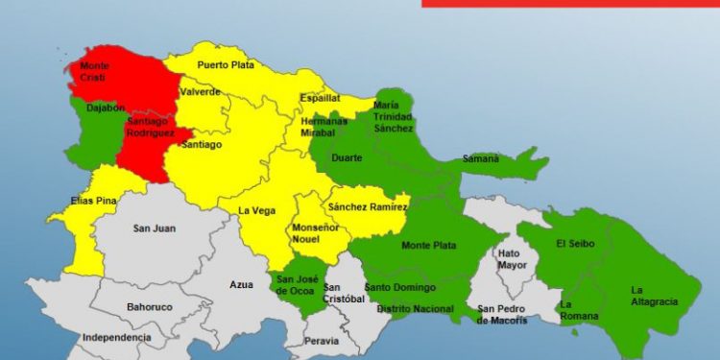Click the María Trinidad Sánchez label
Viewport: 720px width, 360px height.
(394, 116)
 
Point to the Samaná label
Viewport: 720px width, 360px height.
(481, 158)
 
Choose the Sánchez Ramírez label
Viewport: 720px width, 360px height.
(368, 206)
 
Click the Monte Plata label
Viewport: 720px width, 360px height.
(428, 246)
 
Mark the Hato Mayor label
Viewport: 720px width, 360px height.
(509, 259)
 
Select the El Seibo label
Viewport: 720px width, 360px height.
(576, 244)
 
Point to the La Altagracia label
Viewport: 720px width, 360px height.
(654, 296)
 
